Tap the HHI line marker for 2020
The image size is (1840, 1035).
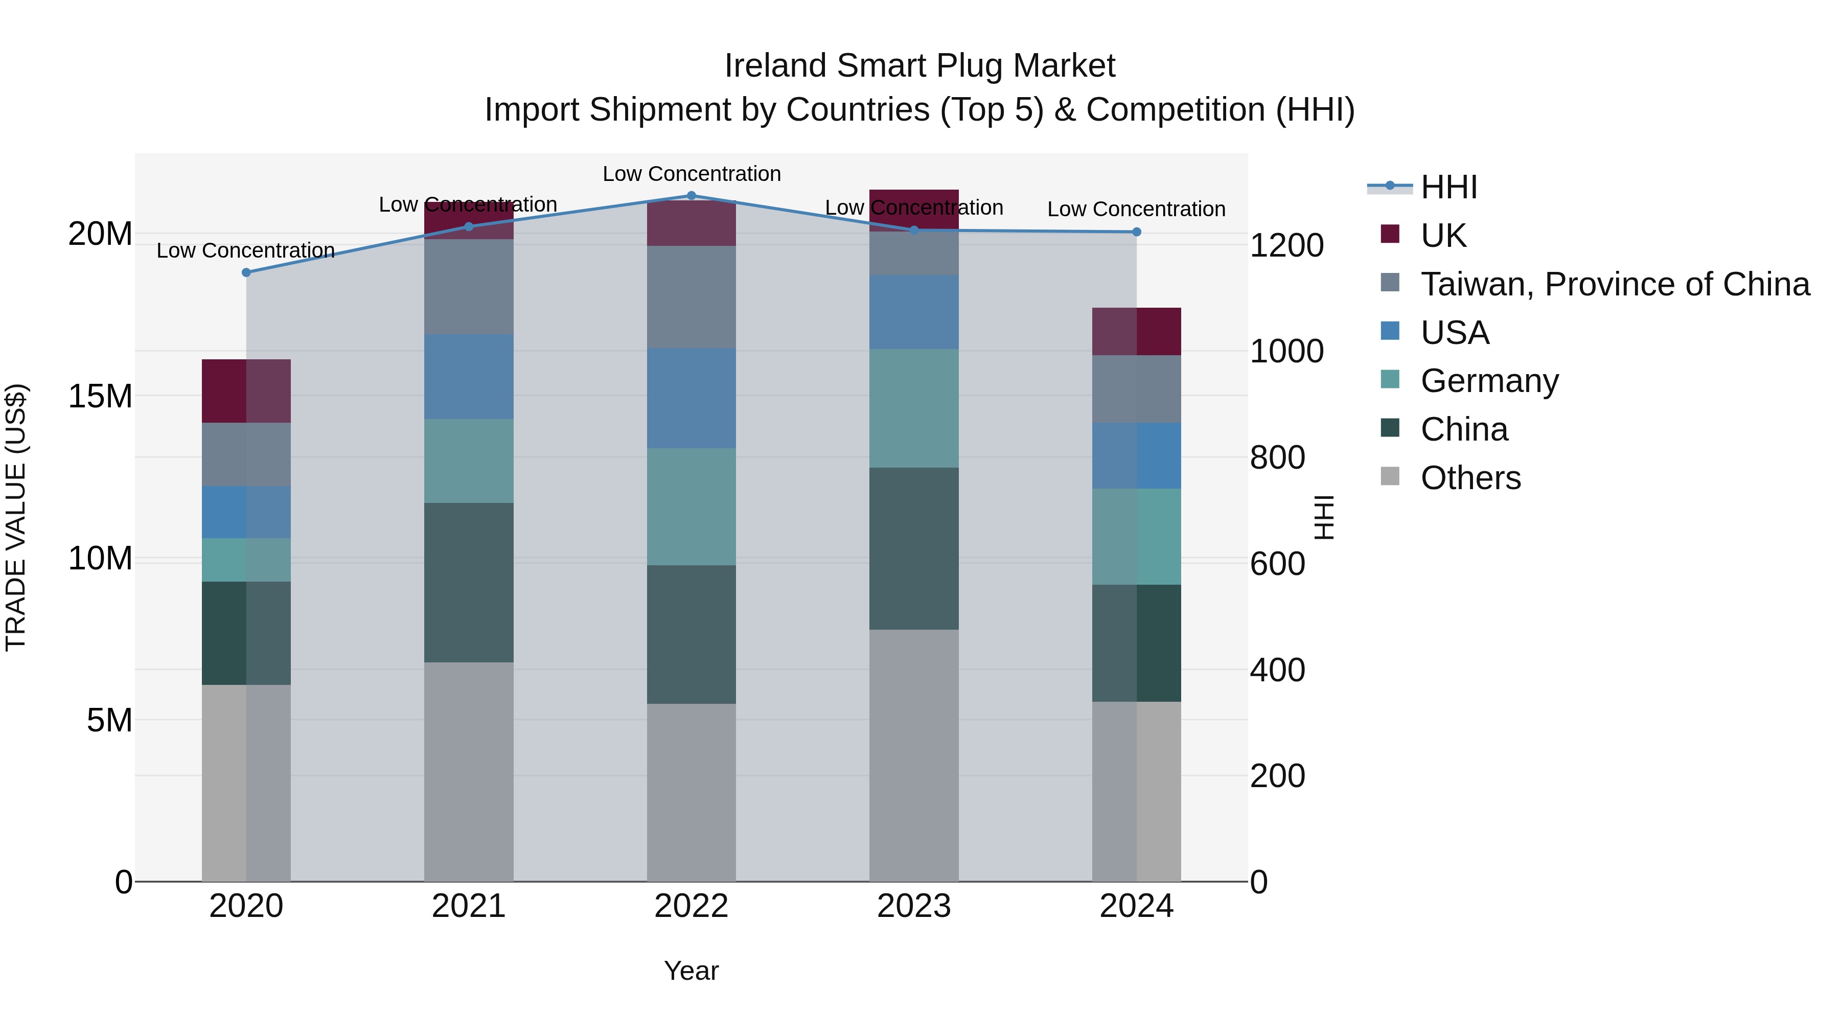246,272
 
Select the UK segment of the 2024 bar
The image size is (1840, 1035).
1136,331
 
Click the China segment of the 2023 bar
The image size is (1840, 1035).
913,548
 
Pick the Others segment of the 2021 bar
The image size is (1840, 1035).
469,771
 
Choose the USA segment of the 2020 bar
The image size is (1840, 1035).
246,512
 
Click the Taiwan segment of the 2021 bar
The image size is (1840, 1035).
469,287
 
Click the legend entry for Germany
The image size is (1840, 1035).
1489,381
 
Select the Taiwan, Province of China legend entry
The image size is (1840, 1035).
1614,284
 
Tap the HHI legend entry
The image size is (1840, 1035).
1448,187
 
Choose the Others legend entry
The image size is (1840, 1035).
1470,478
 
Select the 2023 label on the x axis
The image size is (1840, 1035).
913,906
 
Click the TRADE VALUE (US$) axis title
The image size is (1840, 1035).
16,517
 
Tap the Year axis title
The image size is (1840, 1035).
691,971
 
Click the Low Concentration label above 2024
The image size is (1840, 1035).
1136,209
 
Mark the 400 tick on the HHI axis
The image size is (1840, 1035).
1278,670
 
